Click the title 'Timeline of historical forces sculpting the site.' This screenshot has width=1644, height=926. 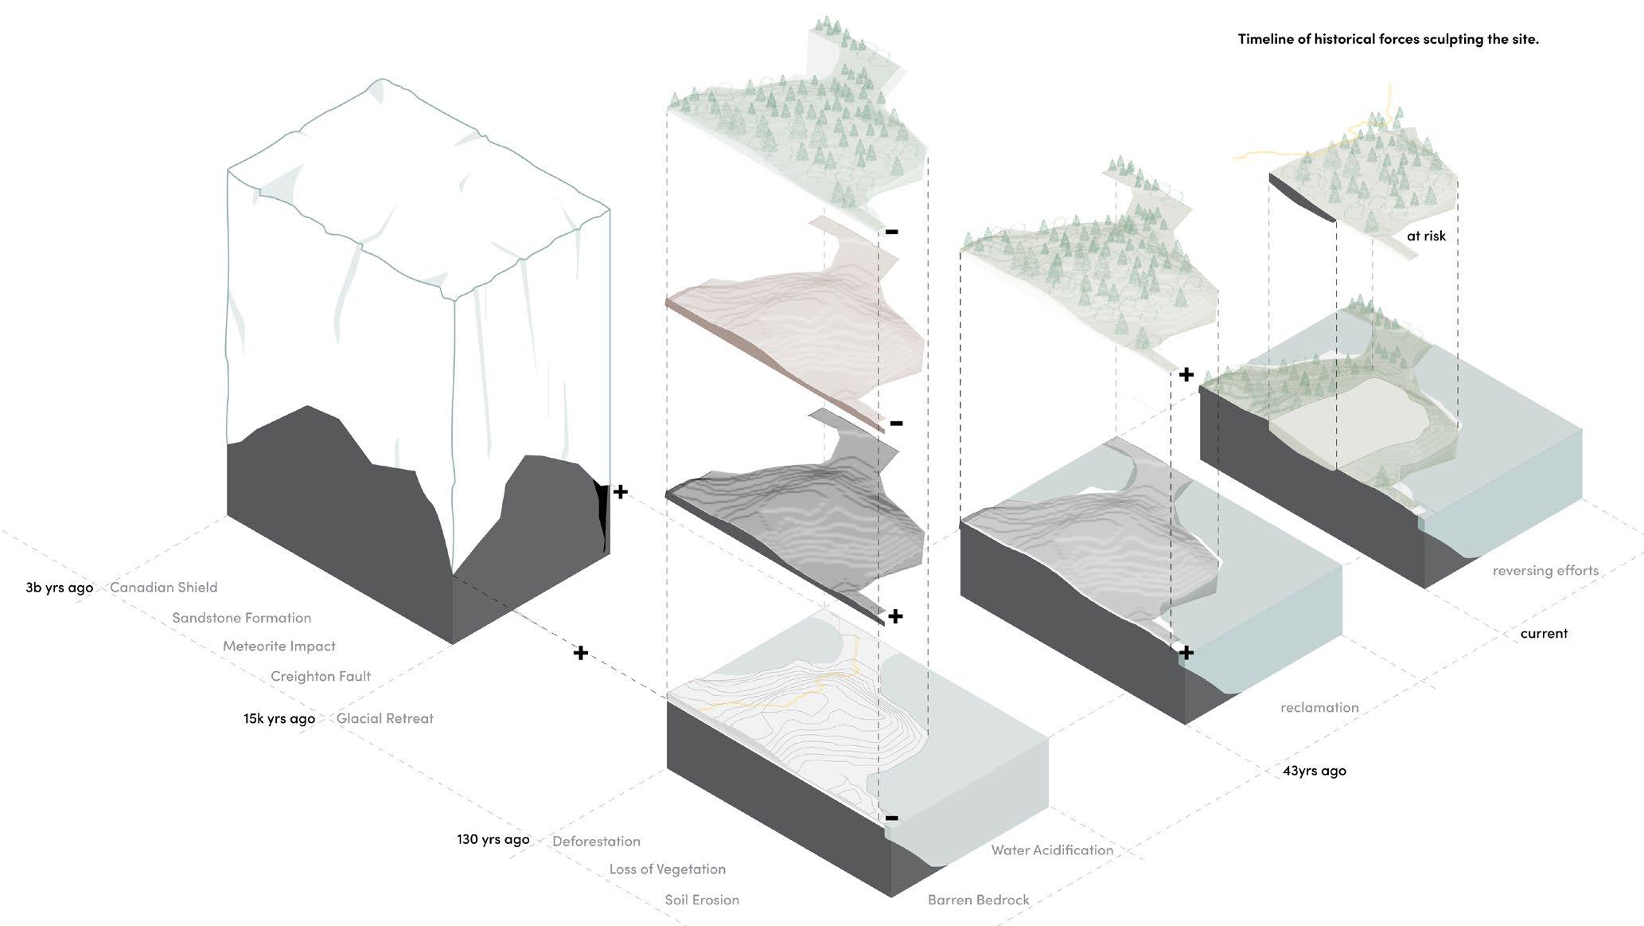click(x=1388, y=39)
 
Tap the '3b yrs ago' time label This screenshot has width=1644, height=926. click(x=59, y=588)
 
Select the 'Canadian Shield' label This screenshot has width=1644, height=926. click(x=163, y=587)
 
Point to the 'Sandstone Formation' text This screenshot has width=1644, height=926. click(x=241, y=617)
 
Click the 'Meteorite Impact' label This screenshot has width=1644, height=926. click(x=279, y=646)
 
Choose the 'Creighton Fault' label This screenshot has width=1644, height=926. click(x=320, y=676)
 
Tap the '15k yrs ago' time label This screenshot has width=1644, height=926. click(x=279, y=718)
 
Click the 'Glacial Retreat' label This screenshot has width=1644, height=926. click(x=384, y=718)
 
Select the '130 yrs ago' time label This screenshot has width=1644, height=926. click(x=493, y=839)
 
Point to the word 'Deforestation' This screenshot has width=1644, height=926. click(x=596, y=841)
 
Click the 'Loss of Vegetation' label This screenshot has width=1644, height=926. click(x=667, y=869)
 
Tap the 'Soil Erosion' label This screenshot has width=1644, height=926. click(x=702, y=900)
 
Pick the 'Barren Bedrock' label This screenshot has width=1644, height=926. click(x=978, y=900)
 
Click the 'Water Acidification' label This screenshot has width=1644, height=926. click(x=1051, y=850)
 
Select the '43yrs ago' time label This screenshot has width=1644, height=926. click(x=1314, y=770)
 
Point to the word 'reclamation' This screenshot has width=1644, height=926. click(x=1319, y=707)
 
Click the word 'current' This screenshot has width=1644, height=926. click(x=1543, y=634)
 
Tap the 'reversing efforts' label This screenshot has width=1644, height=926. click(x=1545, y=570)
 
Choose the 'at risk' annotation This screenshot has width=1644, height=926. click(x=1426, y=236)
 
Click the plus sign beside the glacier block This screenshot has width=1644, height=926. click(x=621, y=492)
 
